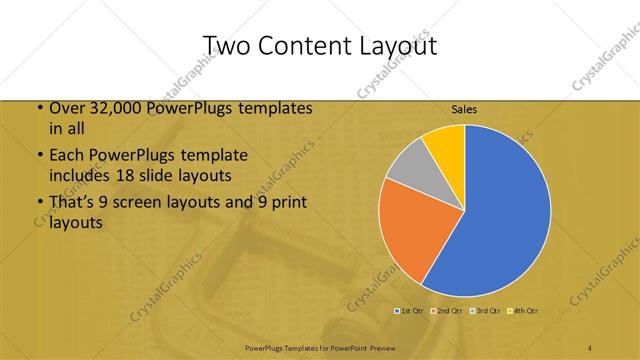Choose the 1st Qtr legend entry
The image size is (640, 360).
point(411,311)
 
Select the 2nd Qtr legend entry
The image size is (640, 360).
point(448,311)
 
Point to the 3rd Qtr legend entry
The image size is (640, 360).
point(486,311)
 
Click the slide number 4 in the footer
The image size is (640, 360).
point(590,347)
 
